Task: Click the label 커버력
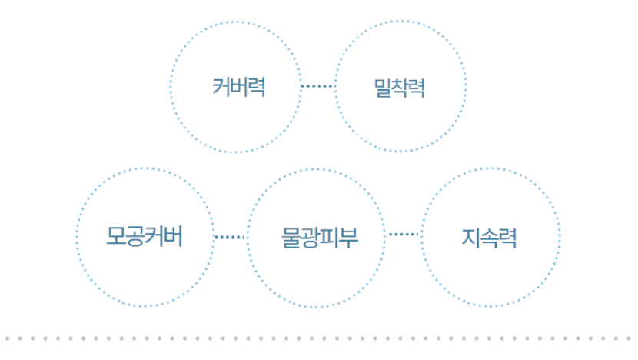(239, 87)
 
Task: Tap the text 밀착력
(400, 88)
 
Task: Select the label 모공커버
(145, 237)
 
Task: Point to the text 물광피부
(320, 238)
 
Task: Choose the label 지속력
(489, 238)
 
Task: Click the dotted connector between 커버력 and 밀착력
(318, 86)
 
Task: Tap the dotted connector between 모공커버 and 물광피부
(230, 237)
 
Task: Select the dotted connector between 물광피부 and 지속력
(404, 234)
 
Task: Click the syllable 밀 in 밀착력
(383, 88)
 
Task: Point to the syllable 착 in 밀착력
(400, 88)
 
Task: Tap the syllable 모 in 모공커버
(116, 237)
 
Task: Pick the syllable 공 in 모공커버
(135, 237)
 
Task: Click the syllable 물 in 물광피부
(291, 238)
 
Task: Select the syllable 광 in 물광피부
(310, 238)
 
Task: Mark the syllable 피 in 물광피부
(330, 238)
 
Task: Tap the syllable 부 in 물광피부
(349, 238)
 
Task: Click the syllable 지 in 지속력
(470, 238)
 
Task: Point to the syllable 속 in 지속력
(489, 238)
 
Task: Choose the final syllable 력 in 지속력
(508, 238)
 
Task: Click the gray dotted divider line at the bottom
(318, 338)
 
